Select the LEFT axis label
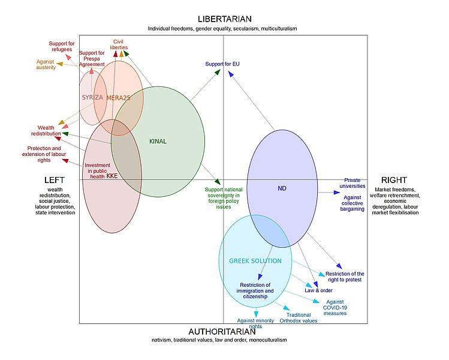54,180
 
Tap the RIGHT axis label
394,180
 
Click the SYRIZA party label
93,97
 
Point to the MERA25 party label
119,97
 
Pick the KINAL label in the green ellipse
158,142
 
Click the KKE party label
112,176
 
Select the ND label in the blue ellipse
282,188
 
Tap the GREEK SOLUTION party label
255,261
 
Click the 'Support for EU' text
222,64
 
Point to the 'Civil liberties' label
119,44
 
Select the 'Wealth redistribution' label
46,131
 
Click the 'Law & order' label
318,290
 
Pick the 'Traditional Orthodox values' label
299,318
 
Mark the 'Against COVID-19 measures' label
335,307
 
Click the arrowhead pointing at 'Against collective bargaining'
337,193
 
